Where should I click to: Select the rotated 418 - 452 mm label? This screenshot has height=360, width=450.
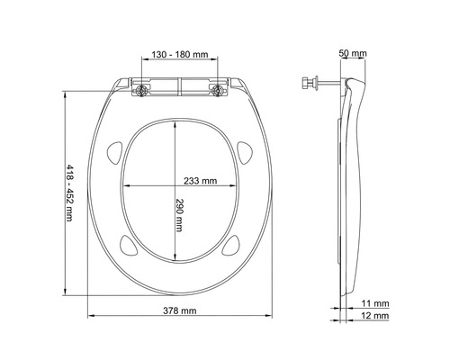coord(71,193)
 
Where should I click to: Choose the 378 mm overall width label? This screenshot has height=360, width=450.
coord(179,310)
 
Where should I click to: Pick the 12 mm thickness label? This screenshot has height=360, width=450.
coord(376,318)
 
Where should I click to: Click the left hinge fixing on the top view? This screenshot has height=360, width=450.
coord(143,88)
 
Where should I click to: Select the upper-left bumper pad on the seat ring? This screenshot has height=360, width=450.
coord(114,150)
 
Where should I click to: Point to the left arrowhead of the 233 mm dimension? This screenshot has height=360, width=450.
coord(122,187)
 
